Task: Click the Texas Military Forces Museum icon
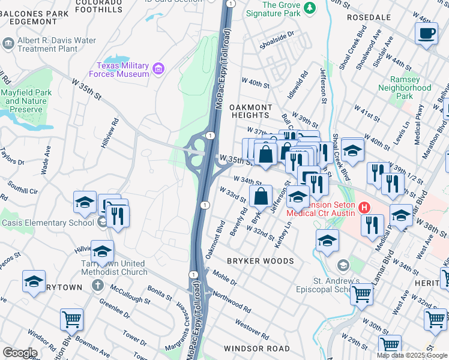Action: tap(158, 68)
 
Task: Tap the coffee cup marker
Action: tap(426, 34)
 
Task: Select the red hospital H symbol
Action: tap(363, 208)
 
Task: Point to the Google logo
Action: tap(20, 353)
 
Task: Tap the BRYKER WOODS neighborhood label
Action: tap(260, 261)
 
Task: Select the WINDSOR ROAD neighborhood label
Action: tap(256, 349)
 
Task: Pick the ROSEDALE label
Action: tap(369, 18)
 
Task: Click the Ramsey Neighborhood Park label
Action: tap(405, 88)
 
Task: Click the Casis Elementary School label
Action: tap(48, 223)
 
